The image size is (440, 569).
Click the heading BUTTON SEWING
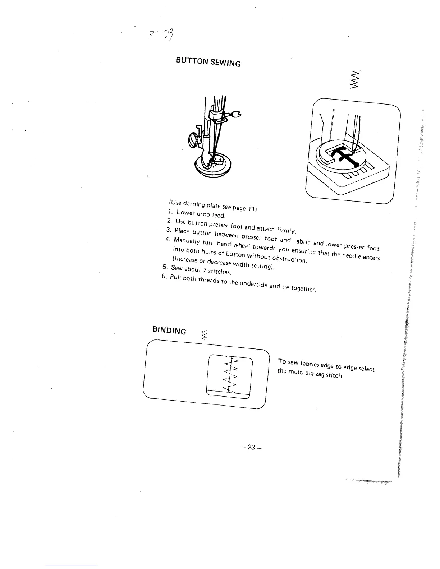[208, 62]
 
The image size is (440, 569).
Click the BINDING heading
[169, 330]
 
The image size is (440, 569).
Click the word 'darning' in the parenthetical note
[195, 204]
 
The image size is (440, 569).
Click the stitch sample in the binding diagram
[230, 374]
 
